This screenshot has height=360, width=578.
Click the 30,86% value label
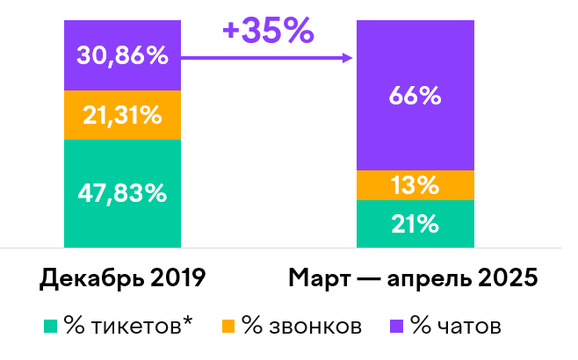[122, 56]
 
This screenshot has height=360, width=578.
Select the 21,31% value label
[122, 114]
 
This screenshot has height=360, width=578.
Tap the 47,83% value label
[122, 193]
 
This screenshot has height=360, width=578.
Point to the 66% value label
[415, 96]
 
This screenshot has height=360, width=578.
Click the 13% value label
[415, 185]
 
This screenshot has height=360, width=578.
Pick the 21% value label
[415, 224]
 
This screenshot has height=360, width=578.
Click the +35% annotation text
[267, 31]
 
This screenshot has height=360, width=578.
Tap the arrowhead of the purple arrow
[348, 59]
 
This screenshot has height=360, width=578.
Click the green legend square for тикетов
[50, 328]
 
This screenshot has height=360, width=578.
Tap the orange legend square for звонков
[228, 328]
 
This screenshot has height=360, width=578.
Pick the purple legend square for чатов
[396, 328]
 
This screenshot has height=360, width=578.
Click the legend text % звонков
[301, 328]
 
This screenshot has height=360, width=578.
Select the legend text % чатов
[457, 328]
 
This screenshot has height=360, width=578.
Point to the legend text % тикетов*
[127, 328]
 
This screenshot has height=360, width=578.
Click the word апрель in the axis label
[423, 280]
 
